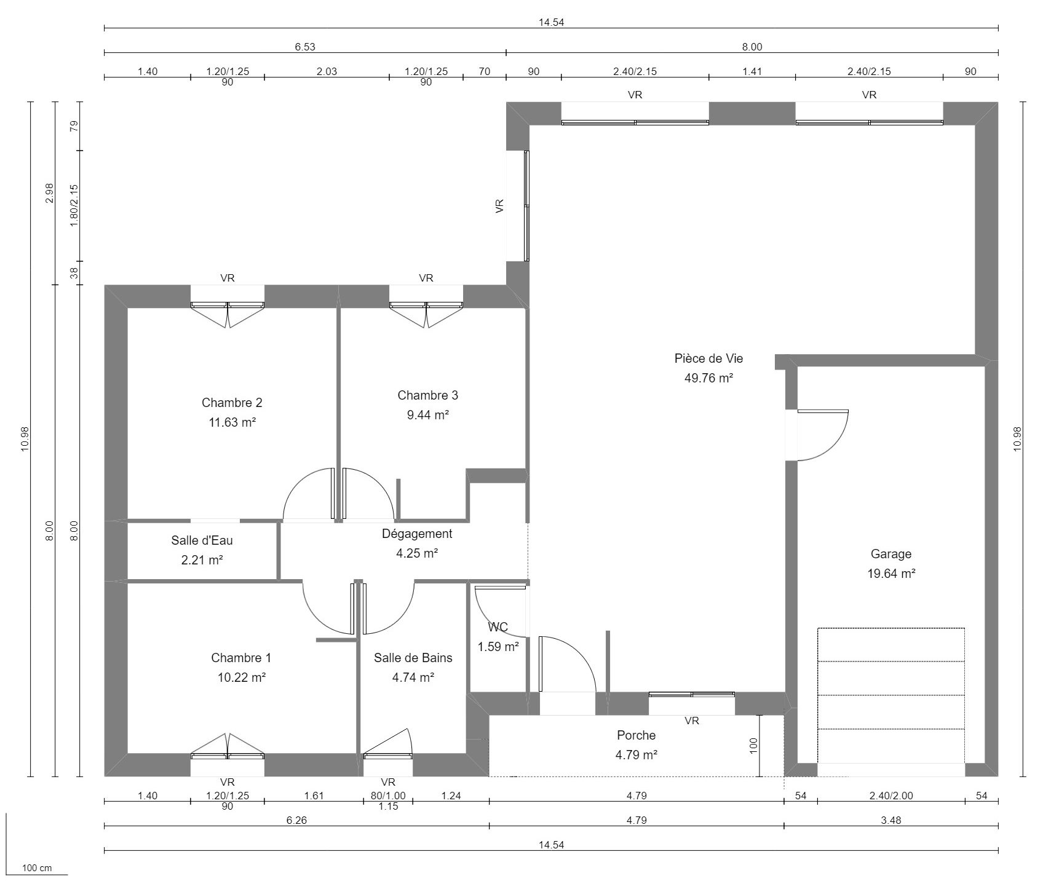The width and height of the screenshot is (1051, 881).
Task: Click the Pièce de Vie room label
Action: (708, 358)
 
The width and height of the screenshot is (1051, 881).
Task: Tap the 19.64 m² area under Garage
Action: (890, 574)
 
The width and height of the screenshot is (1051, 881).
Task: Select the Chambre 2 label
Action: (232, 403)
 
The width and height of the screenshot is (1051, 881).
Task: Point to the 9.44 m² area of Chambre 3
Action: (427, 415)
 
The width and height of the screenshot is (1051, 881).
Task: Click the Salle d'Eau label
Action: (202, 540)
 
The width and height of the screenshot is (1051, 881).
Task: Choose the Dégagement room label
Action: (416, 534)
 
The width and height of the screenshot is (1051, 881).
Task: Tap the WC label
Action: (498, 627)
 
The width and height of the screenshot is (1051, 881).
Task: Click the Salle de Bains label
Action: (413, 658)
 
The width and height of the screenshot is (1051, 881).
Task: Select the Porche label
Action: (636, 735)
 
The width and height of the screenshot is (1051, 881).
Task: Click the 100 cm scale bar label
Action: (37, 869)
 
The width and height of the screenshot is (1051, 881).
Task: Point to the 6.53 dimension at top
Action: (305, 47)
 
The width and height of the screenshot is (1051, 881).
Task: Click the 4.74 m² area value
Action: (413, 678)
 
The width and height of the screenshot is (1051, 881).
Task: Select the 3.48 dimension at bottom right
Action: (890, 820)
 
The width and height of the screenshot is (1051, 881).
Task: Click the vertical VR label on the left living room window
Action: (499, 205)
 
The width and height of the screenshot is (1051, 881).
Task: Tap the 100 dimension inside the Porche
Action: (754, 746)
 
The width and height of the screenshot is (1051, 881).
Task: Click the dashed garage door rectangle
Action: (890, 695)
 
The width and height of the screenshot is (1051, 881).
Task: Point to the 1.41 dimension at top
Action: (752, 71)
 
